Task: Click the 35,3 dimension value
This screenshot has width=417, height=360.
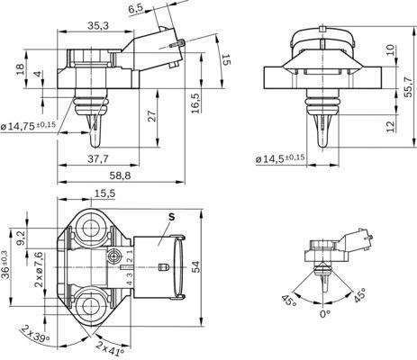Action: click(x=98, y=26)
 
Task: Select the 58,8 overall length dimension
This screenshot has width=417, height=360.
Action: click(x=120, y=175)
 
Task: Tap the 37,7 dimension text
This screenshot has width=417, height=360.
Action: click(x=98, y=159)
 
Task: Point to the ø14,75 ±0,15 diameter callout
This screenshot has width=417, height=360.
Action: click(x=28, y=125)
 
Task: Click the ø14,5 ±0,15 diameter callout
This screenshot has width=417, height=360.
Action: click(x=280, y=158)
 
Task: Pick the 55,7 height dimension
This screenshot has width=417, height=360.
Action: click(x=408, y=87)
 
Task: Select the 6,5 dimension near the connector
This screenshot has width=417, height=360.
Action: click(x=136, y=9)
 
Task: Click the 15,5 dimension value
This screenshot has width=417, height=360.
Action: click(x=104, y=193)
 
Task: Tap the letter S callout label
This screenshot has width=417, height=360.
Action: click(x=171, y=217)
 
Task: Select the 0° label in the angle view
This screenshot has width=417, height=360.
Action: click(x=325, y=314)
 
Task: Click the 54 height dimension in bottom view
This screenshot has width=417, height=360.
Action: click(x=195, y=266)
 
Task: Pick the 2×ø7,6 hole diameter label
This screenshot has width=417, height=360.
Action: click(x=39, y=270)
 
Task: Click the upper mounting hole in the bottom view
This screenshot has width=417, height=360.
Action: click(x=90, y=231)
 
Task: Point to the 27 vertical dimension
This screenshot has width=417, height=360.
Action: click(x=152, y=116)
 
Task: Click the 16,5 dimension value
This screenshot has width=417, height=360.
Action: click(x=195, y=103)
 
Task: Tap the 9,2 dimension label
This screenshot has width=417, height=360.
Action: click(x=21, y=238)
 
